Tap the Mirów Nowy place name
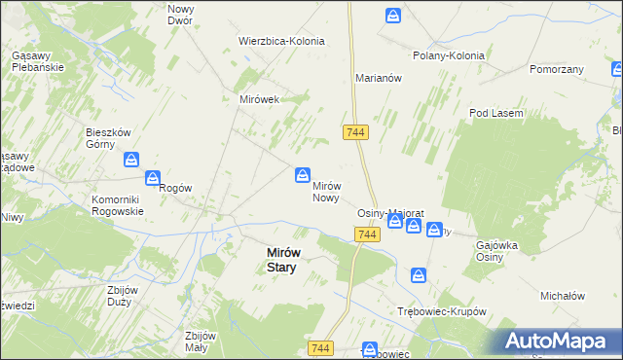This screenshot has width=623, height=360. [325, 191]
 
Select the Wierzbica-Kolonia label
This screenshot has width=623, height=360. [281, 42]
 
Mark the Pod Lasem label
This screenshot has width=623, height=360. [495, 114]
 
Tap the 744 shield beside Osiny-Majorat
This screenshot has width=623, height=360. [367, 235]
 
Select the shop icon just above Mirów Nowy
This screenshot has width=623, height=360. [304, 174]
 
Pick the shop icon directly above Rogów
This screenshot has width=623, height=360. [153, 178]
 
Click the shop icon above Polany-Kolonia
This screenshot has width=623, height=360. [392, 16]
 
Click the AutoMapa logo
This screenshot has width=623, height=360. [560, 342]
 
